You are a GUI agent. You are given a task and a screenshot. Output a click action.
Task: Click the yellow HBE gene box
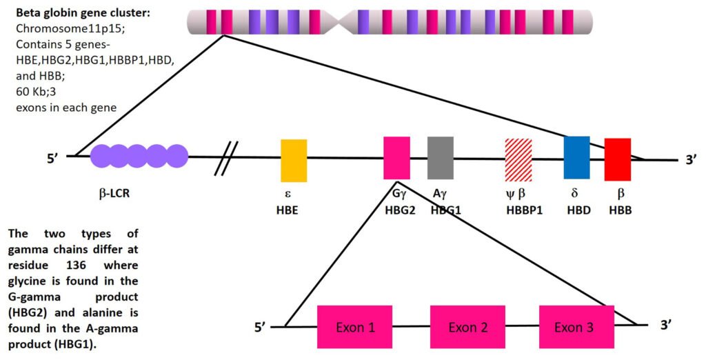coord(294,160)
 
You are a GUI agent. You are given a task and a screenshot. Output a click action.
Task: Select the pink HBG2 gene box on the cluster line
coord(396,158)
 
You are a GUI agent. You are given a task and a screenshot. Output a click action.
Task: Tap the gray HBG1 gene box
coord(440,158)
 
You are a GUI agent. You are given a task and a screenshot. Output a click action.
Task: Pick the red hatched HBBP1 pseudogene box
coord(518,159)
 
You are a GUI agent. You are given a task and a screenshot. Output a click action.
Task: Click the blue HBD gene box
coord(576,157)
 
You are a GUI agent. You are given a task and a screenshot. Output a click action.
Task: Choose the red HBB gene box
coord(618,159)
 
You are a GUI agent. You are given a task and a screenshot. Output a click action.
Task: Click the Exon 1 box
coord(355,326)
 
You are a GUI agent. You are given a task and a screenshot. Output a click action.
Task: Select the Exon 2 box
coord(468,326)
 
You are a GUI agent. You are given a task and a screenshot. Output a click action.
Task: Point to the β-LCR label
coord(110,194)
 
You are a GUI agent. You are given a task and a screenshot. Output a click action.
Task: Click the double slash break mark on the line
coord(228,157)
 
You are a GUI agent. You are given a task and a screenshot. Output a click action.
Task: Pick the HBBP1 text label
coord(524,210)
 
